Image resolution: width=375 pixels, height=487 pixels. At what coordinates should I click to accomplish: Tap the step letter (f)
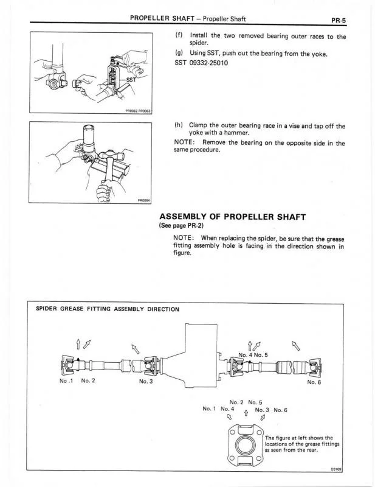click(x=178, y=37)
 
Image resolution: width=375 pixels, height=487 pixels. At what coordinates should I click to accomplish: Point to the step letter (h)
click(x=178, y=126)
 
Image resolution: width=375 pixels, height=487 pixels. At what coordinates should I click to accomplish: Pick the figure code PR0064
click(x=143, y=199)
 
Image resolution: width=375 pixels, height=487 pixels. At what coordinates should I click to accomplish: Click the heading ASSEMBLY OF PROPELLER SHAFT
click(x=233, y=217)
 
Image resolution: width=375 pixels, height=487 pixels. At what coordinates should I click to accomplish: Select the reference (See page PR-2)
click(x=181, y=226)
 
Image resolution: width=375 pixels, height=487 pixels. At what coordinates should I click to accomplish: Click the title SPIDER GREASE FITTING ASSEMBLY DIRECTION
click(x=108, y=309)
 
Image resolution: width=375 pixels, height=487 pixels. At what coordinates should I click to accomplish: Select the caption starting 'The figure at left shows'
click(x=302, y=444)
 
